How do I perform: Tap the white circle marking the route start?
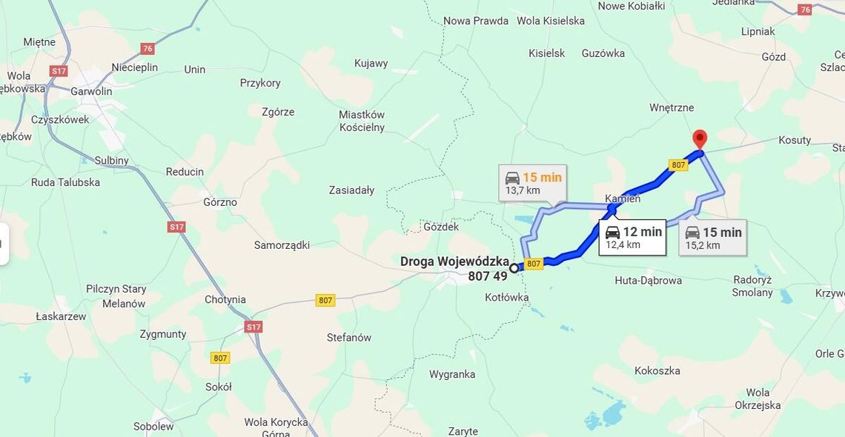(x=514, y=268)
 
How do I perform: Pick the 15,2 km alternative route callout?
(x=712, y=238)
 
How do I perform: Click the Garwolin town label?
(x=91, y=92)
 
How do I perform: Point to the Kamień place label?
(x=623, y=199)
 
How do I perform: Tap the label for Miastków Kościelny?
(x=362, y=121)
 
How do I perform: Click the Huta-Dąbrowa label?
(x=648, y=281)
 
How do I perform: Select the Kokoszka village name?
(x=657, y=370)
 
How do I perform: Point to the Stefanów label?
(x=348, y=338)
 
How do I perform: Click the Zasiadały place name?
(x=351, y=190)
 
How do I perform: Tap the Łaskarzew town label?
(x=61, y=316)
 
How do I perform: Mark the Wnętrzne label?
(x=672, y=107)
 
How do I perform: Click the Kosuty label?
(x=795, y=140)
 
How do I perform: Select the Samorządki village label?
(x=282, y=245)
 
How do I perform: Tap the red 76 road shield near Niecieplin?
(x=148, y=49)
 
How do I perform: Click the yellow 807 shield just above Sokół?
(x=219, y=358)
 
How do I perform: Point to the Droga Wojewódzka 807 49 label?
(x=454, y=268)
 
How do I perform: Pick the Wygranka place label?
(x=451, y=374)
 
